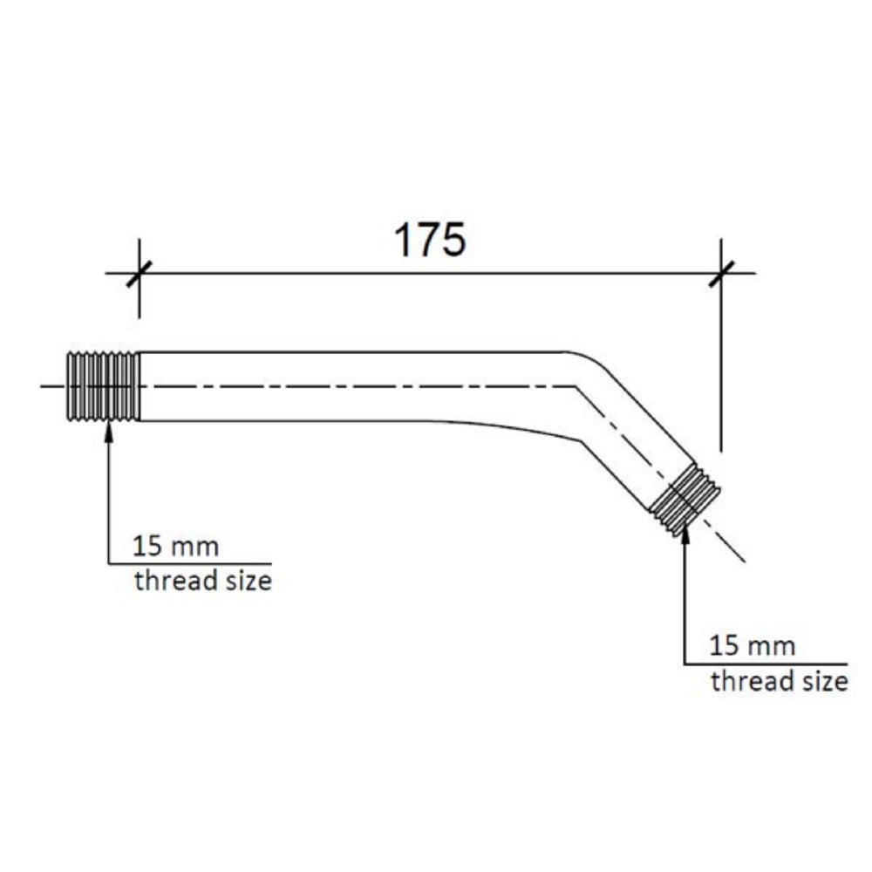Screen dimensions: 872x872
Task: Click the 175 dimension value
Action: click(x=430, y=240)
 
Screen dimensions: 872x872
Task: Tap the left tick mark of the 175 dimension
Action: click(x=139, y=273)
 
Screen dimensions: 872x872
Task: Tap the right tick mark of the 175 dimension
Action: click(x=721, y=273)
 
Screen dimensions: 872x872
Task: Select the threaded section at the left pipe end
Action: click(x=104, y=386)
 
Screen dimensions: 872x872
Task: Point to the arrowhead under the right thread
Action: click(x=685, y=534)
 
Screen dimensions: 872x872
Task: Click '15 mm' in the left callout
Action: click(x=175, y=548)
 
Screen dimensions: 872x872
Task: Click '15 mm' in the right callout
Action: click(x=753, y=647)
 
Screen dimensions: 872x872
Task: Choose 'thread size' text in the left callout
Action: click(x=202, y=581)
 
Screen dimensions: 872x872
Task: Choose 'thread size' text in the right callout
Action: click(x=779, y=681)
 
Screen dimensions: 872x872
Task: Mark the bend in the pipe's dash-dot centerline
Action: click(x=576, y=385)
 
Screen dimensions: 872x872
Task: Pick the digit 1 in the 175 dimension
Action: click(x=403, y=240)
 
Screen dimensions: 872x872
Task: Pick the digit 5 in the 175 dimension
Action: click(x=453, y=240)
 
